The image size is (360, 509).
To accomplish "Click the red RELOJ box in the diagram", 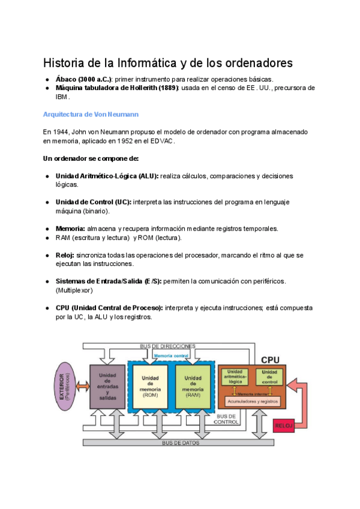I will (x=284, y=426).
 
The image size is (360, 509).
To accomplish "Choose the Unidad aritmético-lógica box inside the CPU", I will (x=235, y=377).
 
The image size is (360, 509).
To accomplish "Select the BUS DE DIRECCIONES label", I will (x=167, y=346).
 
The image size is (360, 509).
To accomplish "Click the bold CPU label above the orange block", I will (x=270, y=360).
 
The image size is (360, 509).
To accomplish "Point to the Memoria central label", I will (x=172, y=356).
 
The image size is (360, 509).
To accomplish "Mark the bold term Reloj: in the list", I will (x=65, y=255).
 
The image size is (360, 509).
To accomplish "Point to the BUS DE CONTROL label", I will (x=226, y=418).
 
